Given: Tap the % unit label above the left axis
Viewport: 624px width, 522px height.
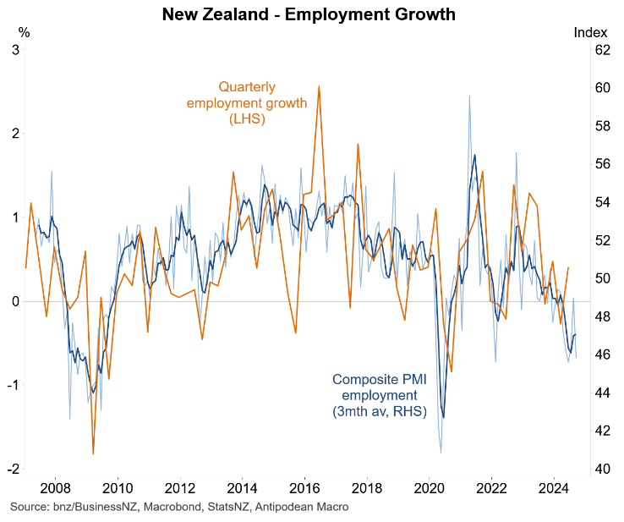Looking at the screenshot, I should click(24, 33).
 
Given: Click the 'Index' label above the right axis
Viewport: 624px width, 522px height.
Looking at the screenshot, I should click(589, 33).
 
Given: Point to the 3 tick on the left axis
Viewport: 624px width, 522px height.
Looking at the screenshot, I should click(16, 50).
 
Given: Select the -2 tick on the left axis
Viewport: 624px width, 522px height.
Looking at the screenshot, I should click(14, 469).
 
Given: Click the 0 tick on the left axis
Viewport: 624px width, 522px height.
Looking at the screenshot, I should click(16, 301).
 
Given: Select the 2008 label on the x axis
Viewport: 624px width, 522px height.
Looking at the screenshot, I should click(55, 488).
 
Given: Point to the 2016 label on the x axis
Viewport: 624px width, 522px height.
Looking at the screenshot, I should click(304, 488).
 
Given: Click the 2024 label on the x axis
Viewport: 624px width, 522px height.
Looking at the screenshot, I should click(554, 488).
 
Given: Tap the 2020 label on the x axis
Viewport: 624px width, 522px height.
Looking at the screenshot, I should click(429, 488).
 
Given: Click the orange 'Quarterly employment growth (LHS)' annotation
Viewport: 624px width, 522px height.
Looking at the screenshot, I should click(247, 102).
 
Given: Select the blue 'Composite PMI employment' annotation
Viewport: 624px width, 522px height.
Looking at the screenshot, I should click(379, 395).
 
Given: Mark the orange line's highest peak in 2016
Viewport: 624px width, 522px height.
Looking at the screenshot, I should click(319, 86).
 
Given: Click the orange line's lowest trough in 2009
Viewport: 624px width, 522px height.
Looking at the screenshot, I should click(93, 454).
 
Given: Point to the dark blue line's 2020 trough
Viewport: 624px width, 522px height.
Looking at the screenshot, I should click(443, 417).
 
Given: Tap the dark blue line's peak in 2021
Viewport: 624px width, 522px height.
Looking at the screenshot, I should click(474, 156).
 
